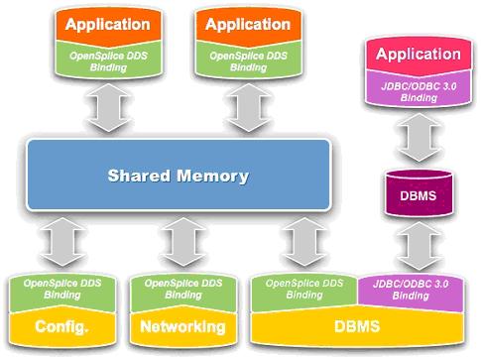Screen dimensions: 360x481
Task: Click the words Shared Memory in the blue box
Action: [179, 178]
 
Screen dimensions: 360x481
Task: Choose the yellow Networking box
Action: [182, 326]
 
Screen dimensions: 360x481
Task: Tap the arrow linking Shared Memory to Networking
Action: [182, 242]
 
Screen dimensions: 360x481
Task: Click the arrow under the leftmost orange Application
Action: [104, 106]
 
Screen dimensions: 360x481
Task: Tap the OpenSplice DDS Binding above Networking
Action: [182, 290]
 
